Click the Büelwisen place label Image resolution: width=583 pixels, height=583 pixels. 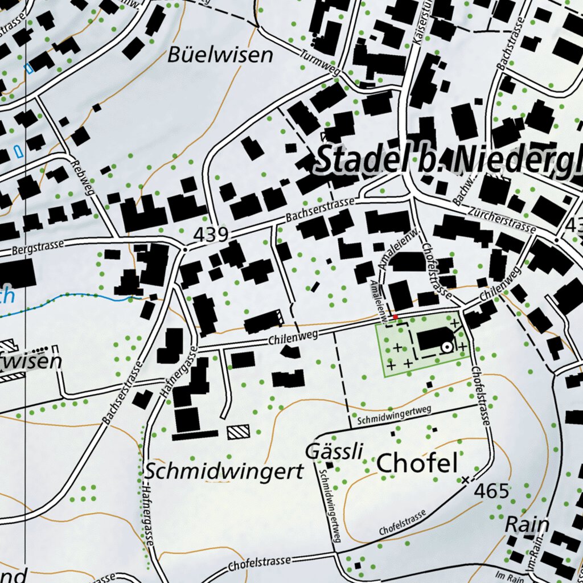tap(220, 56)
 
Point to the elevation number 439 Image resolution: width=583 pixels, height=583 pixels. tap(211, 234)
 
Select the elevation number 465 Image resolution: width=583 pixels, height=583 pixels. tap(491, 490)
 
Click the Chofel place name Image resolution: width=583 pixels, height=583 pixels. tap(417, 463)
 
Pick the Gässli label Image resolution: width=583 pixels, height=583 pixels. tap(334, 451)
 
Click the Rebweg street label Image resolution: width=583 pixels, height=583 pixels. tap(83, 177)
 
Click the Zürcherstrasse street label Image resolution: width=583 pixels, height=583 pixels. tap(500, 220)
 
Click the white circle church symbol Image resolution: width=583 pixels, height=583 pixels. tap(447, 346)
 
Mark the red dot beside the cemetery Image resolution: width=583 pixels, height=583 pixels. tap(395, 317)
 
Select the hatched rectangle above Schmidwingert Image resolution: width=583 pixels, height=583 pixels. tap(238, 432)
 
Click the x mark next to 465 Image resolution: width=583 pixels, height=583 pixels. tap(466, 480)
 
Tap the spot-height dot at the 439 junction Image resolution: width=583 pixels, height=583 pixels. tap(186, 249)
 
